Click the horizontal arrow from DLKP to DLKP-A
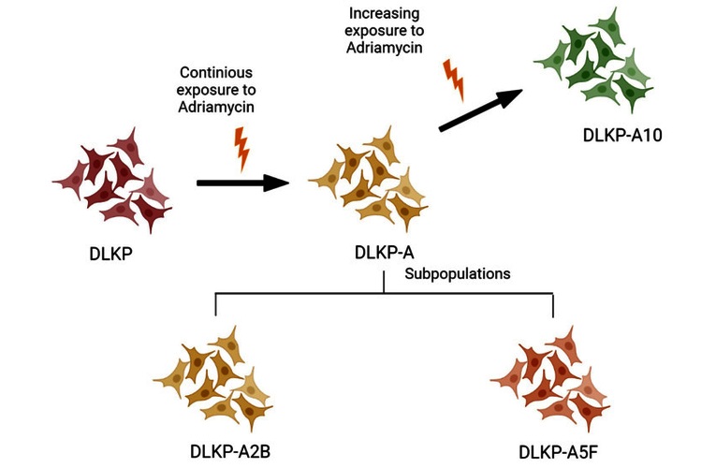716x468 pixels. coord(241,183)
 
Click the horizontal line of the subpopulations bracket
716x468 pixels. coord(385,294)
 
